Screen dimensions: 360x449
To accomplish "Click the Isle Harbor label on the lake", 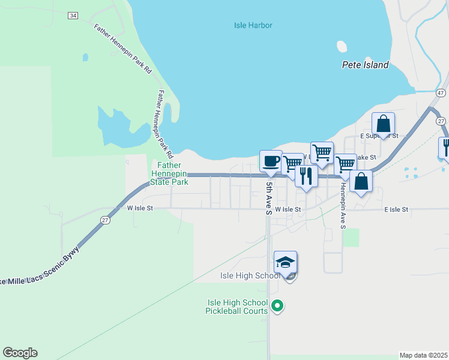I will tap(253, 25).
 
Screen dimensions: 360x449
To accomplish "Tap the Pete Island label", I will tap(365, 65).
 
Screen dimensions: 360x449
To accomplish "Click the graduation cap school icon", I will tap(286, 262).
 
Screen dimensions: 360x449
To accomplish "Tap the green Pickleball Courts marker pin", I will tap(277, 306).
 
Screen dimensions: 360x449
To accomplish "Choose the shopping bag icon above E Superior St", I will tap(383, 124).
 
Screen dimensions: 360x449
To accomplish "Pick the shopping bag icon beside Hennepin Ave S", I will tap(361, 182).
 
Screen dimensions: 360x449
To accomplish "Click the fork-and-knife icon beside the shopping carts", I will tap(306, 176).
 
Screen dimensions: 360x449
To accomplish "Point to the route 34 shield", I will tap(73, 16).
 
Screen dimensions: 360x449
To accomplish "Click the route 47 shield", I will tap(441, 93).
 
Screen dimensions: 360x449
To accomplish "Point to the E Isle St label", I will tap(396, 209).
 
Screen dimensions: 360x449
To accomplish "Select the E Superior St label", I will tap(379, 136).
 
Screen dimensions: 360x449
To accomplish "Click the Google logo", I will tap(20, 353).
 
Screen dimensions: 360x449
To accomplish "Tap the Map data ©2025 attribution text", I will tap(423, 355).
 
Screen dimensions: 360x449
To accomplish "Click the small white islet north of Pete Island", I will tap(342, 46).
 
